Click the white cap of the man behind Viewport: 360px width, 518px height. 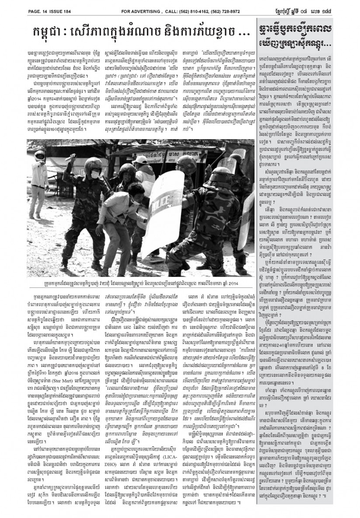[139, 159]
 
